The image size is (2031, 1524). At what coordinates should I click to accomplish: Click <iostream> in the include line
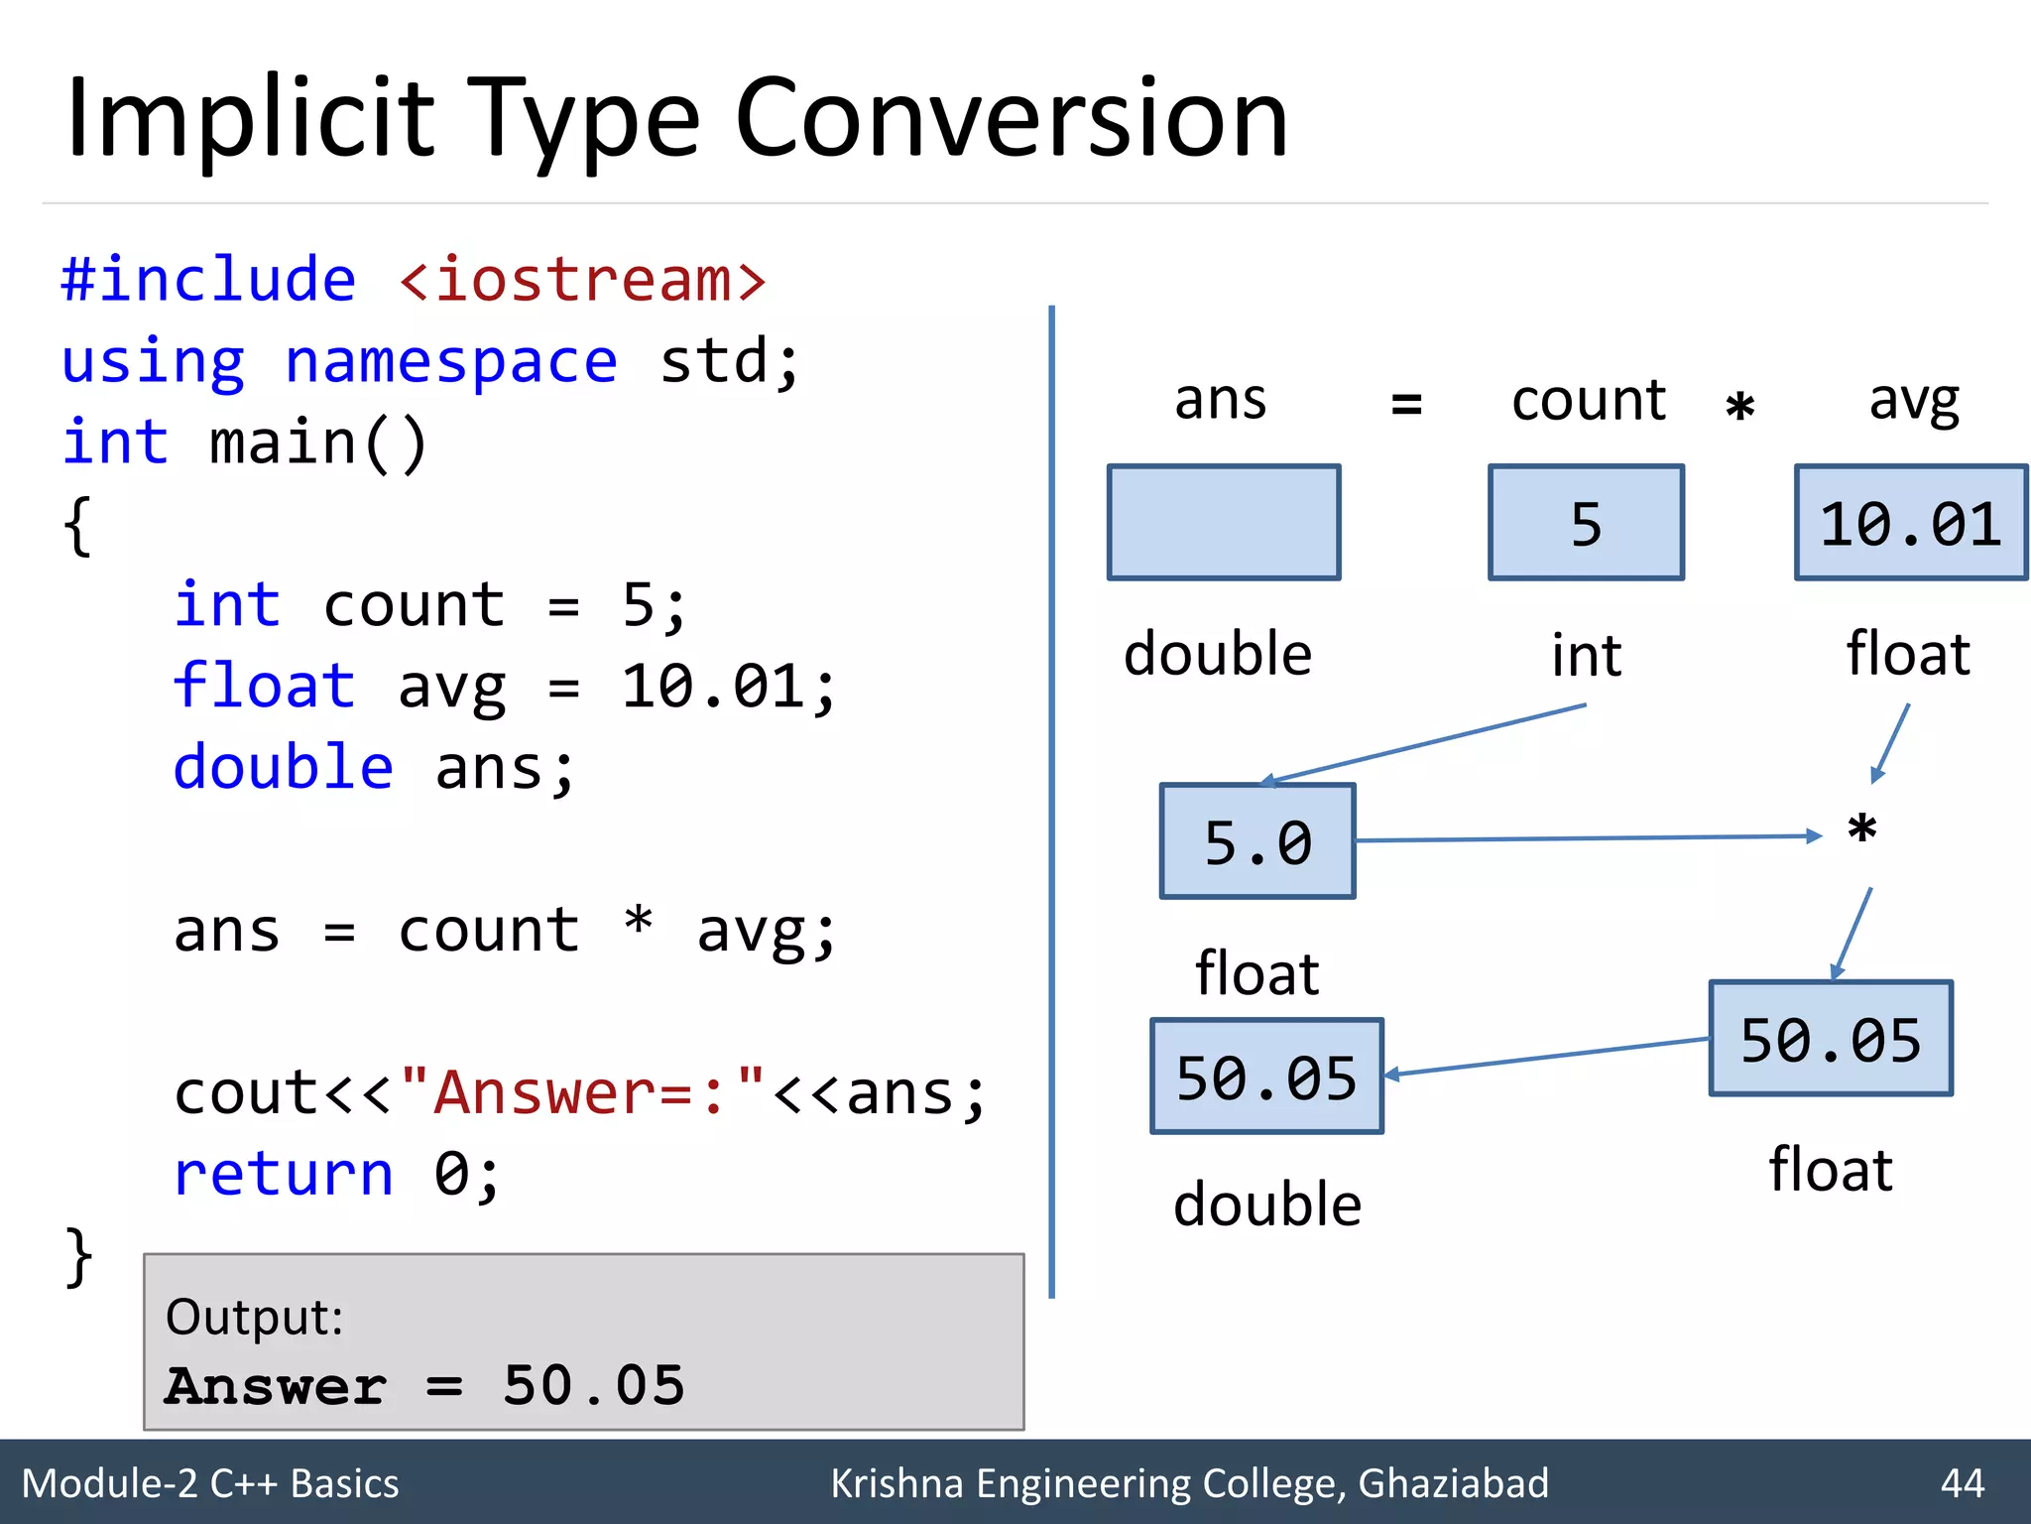point(582,280)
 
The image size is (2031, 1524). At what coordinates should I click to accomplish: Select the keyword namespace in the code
point(451,361)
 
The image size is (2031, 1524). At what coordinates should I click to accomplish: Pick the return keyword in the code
point(284,1175)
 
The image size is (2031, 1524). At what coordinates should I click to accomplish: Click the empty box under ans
point(1224,523)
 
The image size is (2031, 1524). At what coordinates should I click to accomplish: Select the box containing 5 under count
point(1586,523)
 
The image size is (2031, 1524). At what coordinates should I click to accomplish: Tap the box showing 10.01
point(1910,523)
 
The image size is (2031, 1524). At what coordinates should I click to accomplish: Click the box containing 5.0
point(1257,842)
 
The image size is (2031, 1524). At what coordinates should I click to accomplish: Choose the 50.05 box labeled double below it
point(1266,1077)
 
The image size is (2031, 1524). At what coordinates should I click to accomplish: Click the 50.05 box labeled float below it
point(1831,1039)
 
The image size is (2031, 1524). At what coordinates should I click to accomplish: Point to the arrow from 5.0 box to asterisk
point(1587,838)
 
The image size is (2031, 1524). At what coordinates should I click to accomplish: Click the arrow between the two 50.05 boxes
point(1547,1057)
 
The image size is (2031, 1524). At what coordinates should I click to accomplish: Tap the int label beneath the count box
point(1586,656)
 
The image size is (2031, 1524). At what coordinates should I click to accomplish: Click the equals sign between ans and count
point(1406,404)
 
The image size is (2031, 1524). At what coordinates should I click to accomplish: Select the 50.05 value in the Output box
point(593,1385)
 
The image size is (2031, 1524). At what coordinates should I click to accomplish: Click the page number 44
point(1962,1483)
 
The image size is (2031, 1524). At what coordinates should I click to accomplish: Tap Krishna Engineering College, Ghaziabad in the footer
point(1189,1483)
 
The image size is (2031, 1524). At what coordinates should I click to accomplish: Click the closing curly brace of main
point(79,1257)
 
